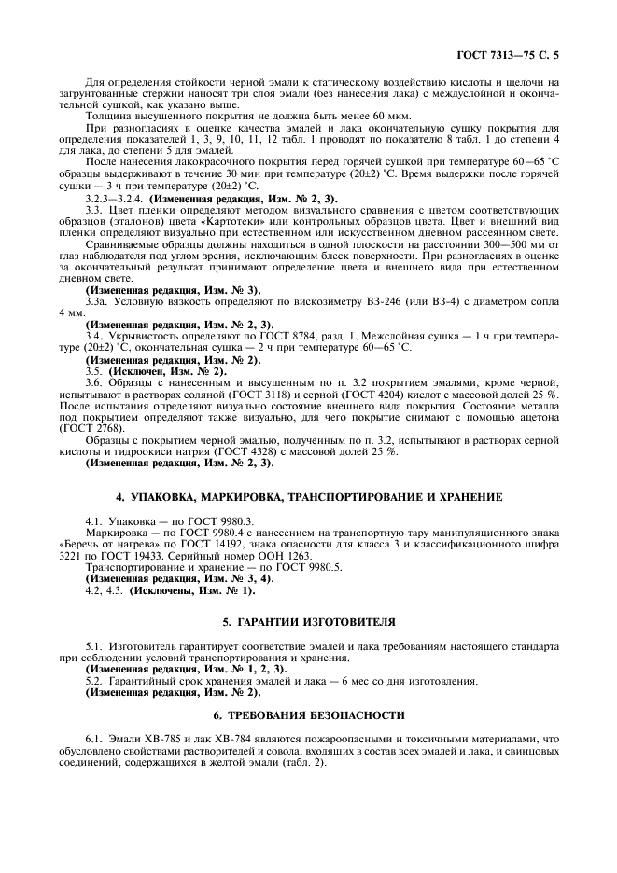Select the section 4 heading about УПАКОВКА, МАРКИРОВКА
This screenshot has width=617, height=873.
[x=307, y=497]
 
